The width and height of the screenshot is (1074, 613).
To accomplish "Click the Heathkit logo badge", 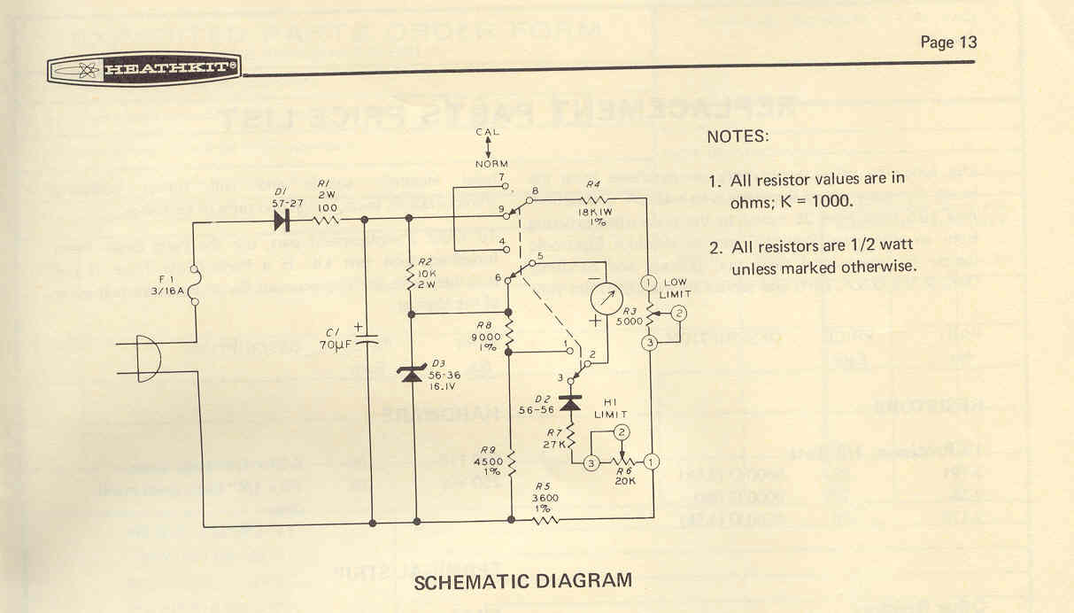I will coord(144,69).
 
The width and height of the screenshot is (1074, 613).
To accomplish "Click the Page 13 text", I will coord(948,42).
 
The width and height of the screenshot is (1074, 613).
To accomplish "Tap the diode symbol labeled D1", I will coord(283,218).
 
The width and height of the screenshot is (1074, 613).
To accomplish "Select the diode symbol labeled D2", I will coord(570,404).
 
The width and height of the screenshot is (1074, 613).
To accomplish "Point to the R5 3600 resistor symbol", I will coord(545,518).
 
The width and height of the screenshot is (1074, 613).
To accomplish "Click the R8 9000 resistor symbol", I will coord(511,330).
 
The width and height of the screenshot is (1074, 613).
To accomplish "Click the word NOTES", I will coord(738,138).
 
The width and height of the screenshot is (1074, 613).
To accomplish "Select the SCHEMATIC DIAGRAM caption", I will coord(523,581).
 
